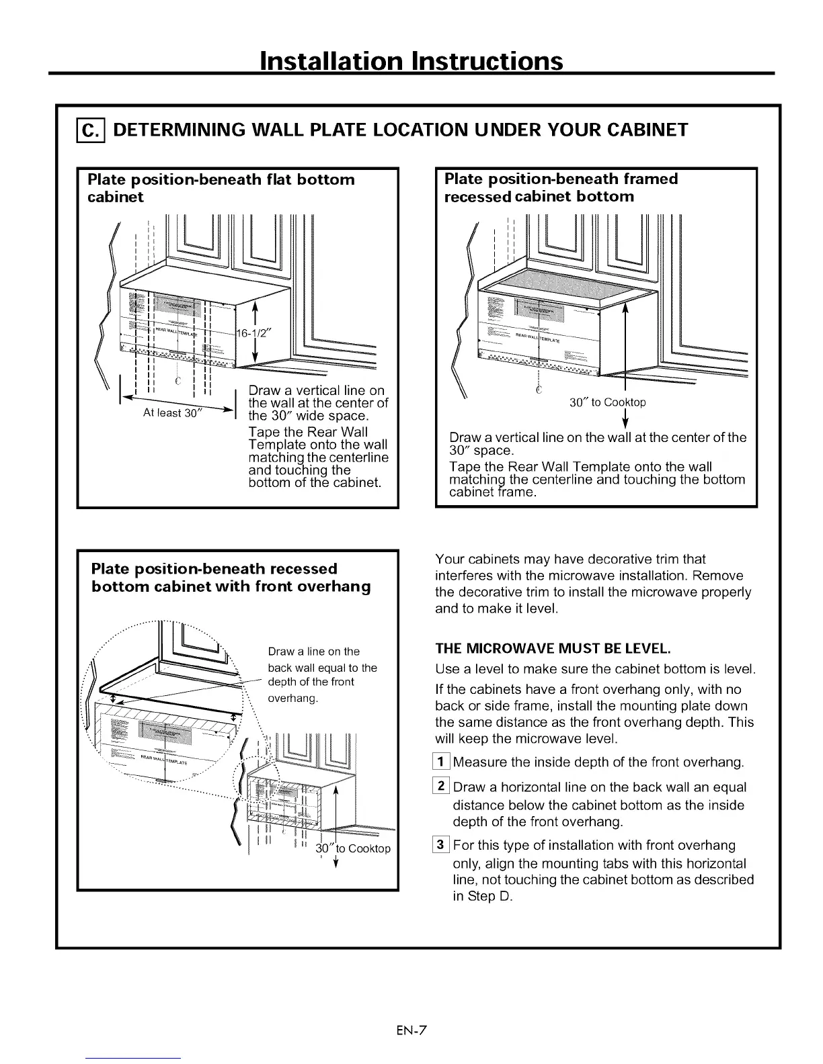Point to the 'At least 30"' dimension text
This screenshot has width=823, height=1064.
(x=171, y=413)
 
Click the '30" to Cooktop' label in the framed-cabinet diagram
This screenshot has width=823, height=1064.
(x=607, y=402)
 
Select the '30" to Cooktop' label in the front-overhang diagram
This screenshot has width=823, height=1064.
(x=353, y=848)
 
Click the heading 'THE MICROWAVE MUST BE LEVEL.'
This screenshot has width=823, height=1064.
(x=553, y=649)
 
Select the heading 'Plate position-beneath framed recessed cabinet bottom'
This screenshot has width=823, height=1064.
(x=561, y=187)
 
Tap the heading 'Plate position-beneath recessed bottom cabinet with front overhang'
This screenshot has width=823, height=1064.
(x=231, y=578)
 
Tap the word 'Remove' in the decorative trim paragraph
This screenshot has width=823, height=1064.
(x=717, y=576)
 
